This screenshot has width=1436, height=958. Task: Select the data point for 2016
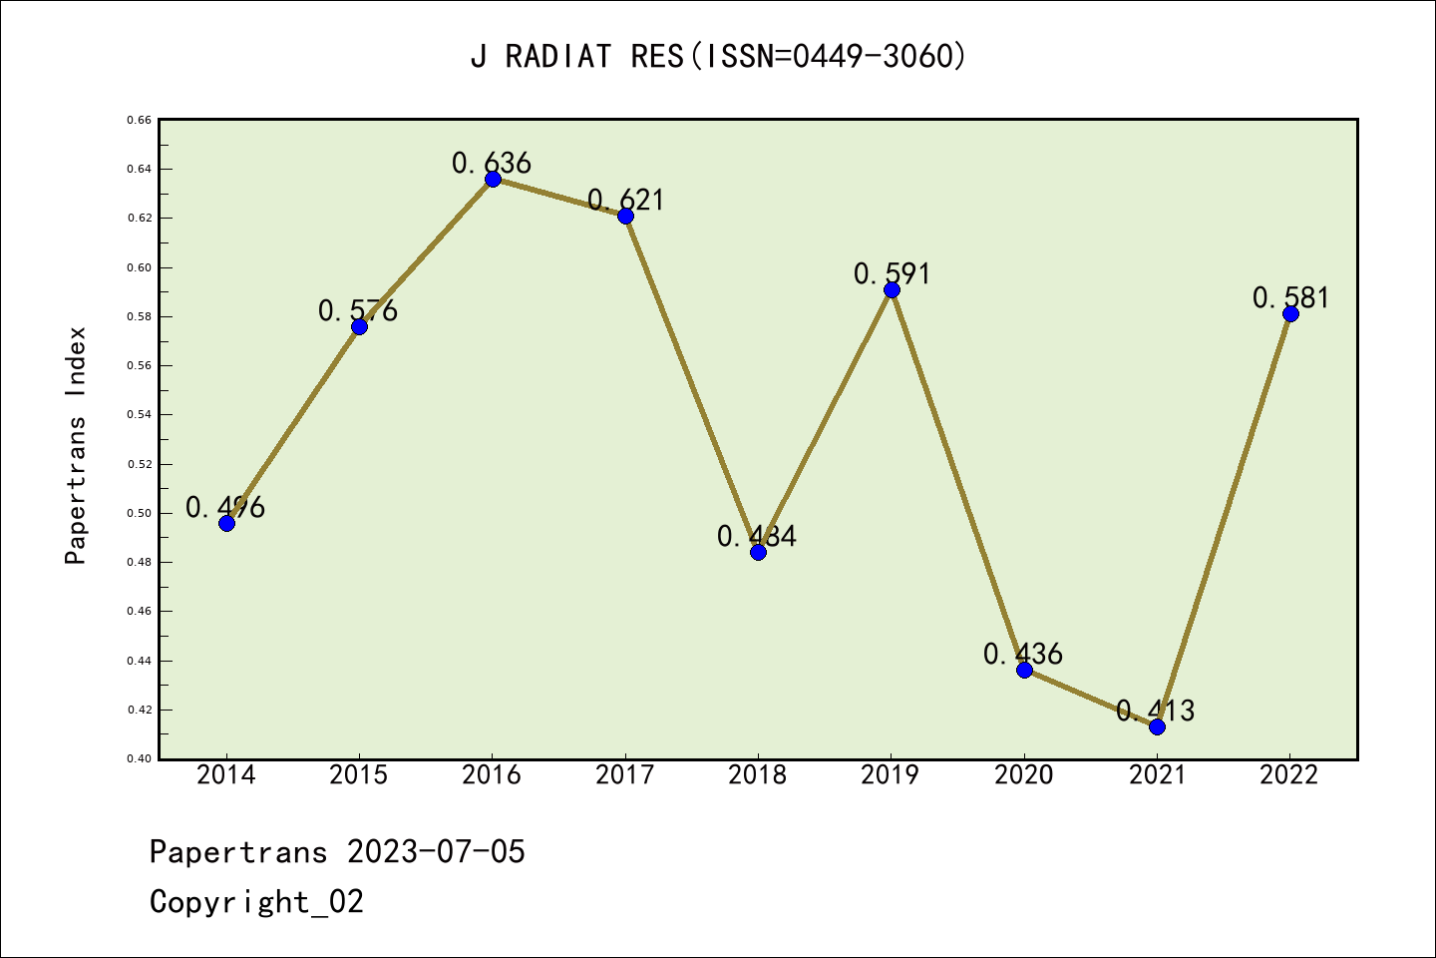493,180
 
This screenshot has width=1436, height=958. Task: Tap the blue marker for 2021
1157,726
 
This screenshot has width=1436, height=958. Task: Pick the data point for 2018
758,552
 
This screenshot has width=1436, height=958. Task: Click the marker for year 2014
226,523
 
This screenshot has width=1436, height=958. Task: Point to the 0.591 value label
892,273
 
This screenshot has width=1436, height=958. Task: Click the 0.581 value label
1290,297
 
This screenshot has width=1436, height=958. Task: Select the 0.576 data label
358,310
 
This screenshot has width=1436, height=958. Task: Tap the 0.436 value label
1023,654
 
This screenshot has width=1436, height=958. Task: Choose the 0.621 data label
625,200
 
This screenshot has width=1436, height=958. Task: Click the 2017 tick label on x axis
625,774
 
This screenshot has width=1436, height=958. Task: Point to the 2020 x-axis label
1024,774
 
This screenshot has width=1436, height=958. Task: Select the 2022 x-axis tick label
1289,774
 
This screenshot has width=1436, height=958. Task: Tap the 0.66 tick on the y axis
139,120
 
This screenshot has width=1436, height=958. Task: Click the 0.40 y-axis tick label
139,759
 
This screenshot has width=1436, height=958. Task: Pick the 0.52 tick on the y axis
139,464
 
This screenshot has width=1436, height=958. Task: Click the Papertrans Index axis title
76,445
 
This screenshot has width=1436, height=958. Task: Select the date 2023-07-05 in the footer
436,852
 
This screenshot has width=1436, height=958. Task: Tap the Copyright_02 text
256,902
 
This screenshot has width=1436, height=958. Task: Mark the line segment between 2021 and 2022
1224,520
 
